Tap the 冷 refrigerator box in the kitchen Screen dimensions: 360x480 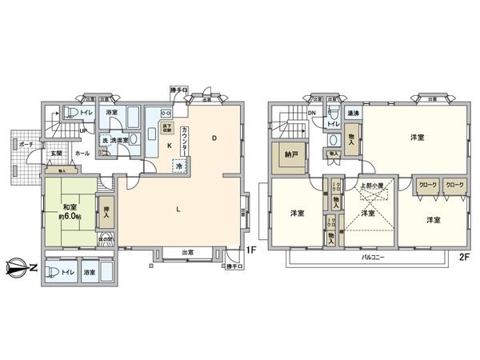(179, 166)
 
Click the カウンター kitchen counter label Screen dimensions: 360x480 (186, 142)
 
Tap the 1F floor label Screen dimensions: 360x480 (250, 250)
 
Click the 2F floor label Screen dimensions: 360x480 (462, 258)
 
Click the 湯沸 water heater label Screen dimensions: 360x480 (353, 114)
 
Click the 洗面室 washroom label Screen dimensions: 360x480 (121, 141)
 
